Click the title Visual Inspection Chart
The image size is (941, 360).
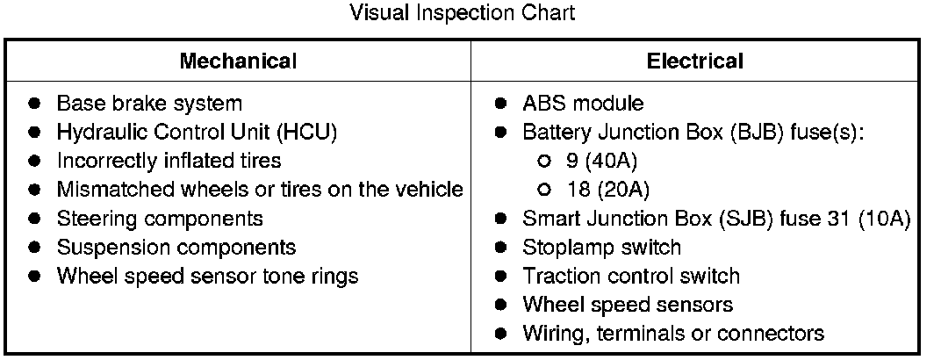[x=463, y=13]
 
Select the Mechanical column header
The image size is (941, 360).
[x=238, y=61]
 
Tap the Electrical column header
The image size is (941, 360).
[x=694, y=61]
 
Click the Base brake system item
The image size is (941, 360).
[x=149, y=104]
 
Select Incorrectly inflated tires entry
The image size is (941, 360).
[x=169, y=161]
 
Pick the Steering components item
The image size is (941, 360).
[x=160, y=219]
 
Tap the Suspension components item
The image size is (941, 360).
[x=176, y=248]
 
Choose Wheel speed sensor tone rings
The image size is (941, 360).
[x=207, y=276]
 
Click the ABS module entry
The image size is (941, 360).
[x=583, y=104]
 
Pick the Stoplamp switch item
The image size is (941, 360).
[x=601, y=248]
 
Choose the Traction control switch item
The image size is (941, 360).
[x=631, y=276]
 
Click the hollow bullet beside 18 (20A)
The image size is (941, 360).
[x=544, y=190]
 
